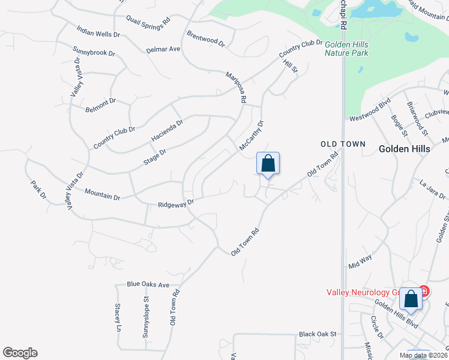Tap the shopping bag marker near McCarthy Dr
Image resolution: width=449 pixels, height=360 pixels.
tap(268, 164)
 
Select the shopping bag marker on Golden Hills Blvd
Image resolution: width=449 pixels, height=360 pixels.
tap(411, 298)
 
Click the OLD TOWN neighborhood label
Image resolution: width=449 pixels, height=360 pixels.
tap(343, 145)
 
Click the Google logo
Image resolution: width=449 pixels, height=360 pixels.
tap(20, 353)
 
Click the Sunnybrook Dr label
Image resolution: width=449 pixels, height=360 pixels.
tap(94, 52)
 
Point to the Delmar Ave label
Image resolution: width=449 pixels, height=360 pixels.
tap(163, 49)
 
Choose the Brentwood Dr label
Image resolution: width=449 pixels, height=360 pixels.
tap(205, 39)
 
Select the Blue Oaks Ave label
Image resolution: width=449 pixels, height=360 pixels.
tap(148, 284)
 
